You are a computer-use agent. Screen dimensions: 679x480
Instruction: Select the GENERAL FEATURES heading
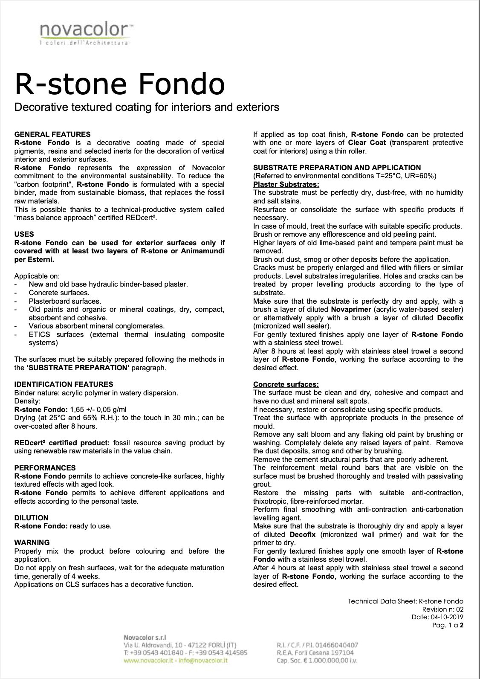[52, 134]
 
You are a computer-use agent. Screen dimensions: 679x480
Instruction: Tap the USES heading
[24, 234]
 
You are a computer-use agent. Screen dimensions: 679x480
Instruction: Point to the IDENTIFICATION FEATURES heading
[64, 384]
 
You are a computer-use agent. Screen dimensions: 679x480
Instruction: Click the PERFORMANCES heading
[45, 468]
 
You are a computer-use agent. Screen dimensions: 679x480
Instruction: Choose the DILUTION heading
[32, 518]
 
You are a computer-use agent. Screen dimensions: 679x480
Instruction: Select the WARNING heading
[32, 543]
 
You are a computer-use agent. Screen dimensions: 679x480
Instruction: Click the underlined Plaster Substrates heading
[286, 184]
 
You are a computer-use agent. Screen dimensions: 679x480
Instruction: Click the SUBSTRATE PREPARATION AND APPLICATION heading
[337, 168]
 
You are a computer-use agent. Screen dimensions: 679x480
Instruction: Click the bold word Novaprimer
[351, 309]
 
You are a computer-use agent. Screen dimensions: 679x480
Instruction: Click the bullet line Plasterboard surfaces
[65, 301]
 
